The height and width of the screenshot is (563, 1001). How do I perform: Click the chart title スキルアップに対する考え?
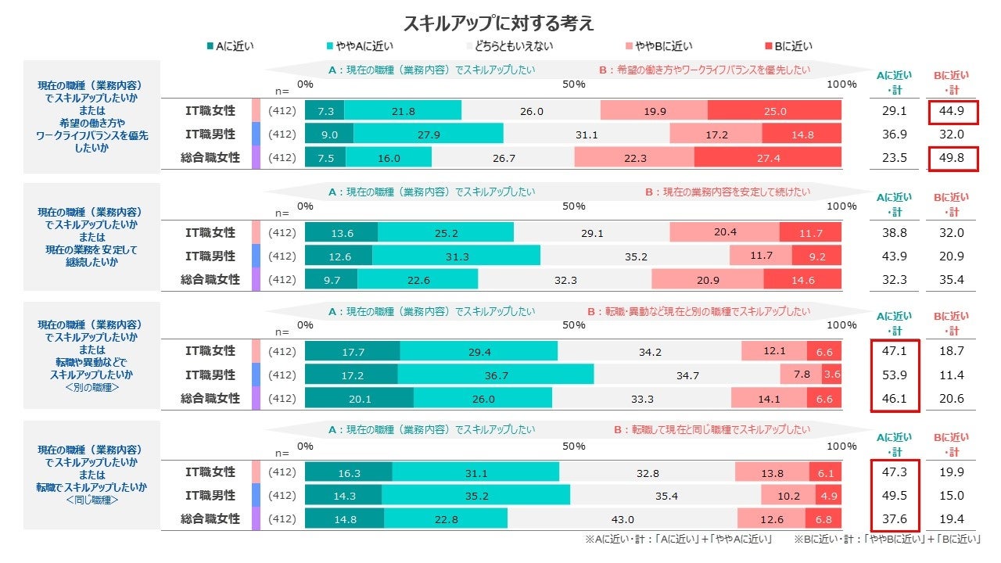[498, 23]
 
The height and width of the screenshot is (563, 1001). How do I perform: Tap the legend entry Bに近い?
[793, 46]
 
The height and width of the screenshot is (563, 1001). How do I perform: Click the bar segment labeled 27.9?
[429, 134]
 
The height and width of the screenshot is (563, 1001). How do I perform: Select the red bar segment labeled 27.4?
[768, 158]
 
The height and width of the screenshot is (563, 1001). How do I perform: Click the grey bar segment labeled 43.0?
[622, 519]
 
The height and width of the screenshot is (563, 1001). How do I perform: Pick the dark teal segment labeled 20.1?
[359, 399]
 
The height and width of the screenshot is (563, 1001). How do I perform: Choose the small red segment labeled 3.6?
[831, 375]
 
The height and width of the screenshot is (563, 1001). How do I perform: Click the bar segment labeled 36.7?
[496, 375]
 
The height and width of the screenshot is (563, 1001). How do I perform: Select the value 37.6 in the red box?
[895, 519]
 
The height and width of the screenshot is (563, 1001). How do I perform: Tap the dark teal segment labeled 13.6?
[342, 232]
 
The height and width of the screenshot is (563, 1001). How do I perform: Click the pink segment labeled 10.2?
[788, 496]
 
